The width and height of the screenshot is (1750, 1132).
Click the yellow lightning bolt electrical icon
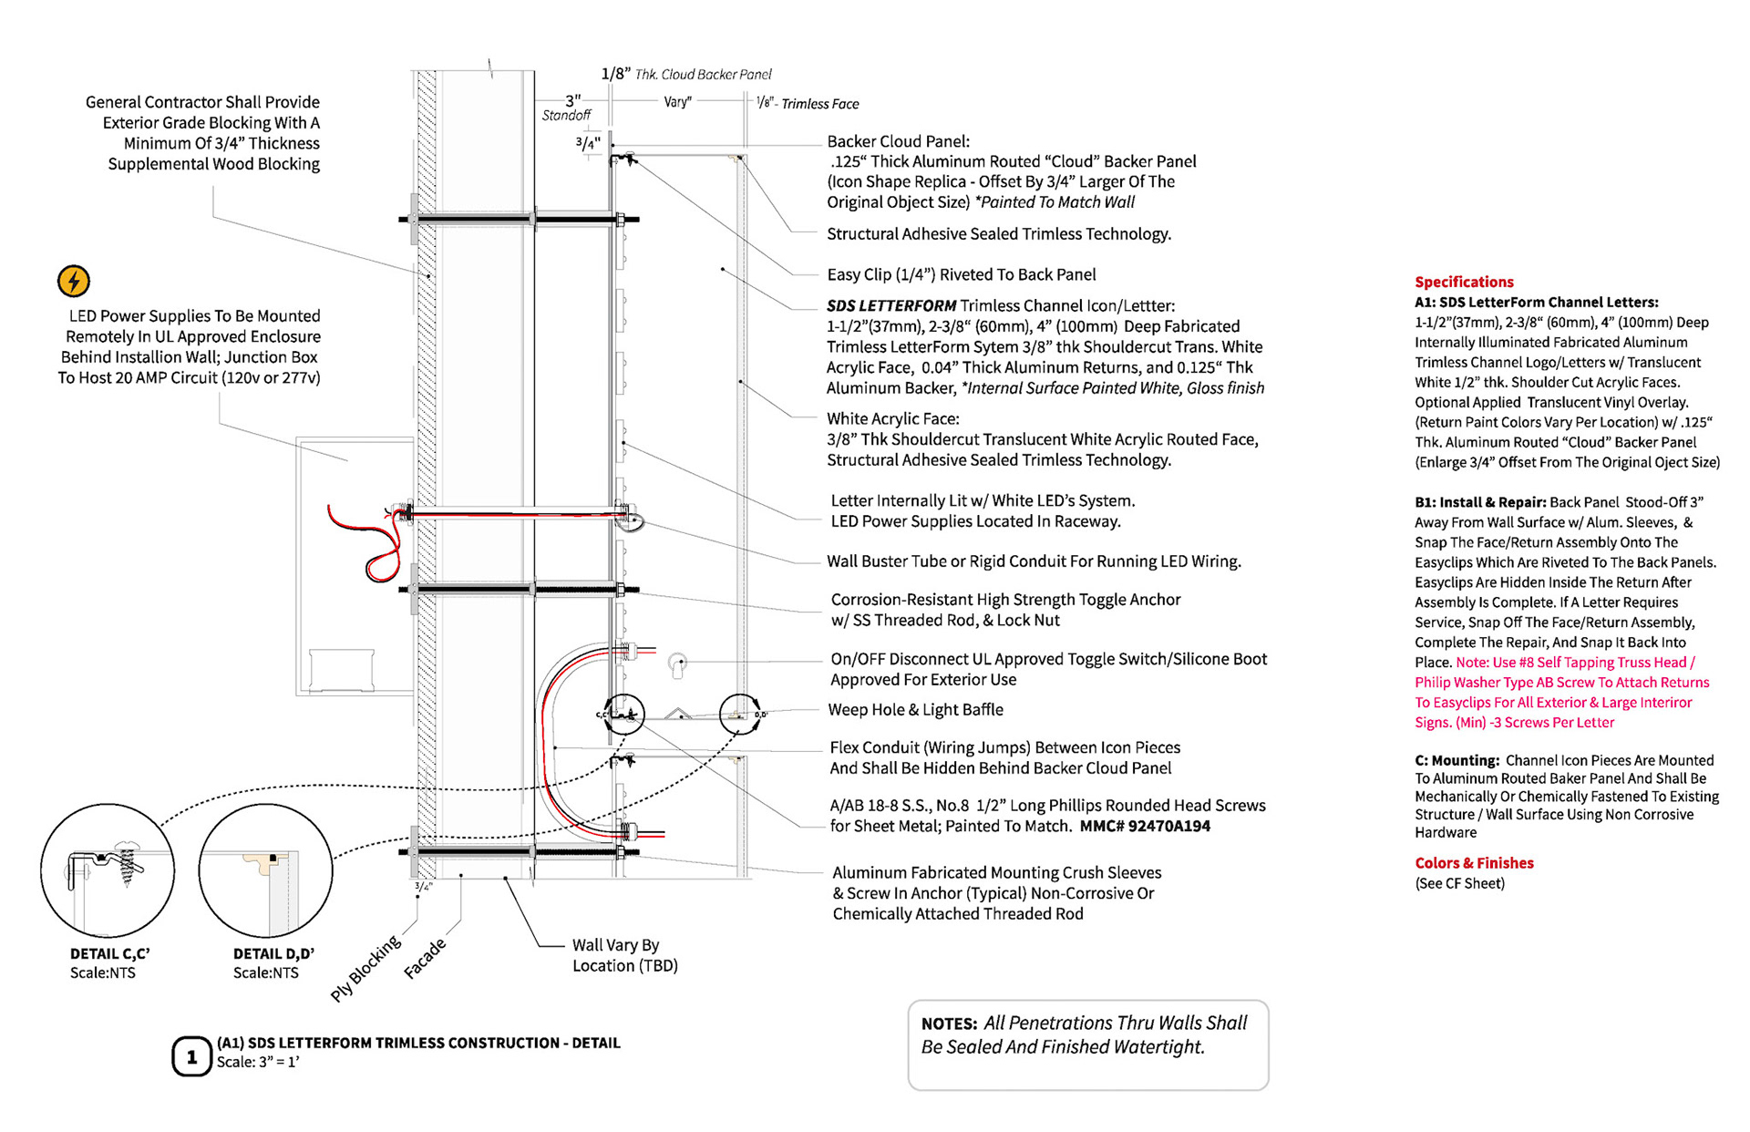[x=74, y=281]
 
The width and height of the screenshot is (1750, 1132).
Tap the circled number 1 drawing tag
[x=191, y=1057]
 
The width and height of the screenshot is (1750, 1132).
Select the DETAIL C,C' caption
[x=109, y=953]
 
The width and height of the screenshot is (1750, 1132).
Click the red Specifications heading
[x=1464, y=282]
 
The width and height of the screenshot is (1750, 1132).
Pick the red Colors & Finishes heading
[x=1474, y=862]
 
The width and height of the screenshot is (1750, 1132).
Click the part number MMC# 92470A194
[x=1145, y=827]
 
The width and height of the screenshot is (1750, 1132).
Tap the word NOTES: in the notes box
[x=949, y=1024]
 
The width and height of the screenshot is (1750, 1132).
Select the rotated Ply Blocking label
[x=365, y=968]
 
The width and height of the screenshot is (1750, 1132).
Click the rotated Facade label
[x=425, y=959]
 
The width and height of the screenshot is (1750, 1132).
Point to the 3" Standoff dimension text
[x=568, y=108]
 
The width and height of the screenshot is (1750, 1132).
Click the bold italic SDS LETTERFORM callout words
[x=891, y=306]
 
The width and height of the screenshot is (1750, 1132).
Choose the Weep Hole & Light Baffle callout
[x=915, y=710]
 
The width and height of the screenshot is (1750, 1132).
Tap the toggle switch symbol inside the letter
[x=676, y=664]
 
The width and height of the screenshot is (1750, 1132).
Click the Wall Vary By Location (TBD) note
[x=624, y=955]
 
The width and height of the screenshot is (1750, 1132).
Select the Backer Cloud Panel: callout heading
[x=898, y=141]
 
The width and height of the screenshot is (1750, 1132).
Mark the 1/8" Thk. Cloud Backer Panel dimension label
[x=685, y=74]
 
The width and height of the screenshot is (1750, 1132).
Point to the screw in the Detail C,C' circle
[x=129, y=866]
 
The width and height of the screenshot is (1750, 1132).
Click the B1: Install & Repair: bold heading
[x=1480, y=502]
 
